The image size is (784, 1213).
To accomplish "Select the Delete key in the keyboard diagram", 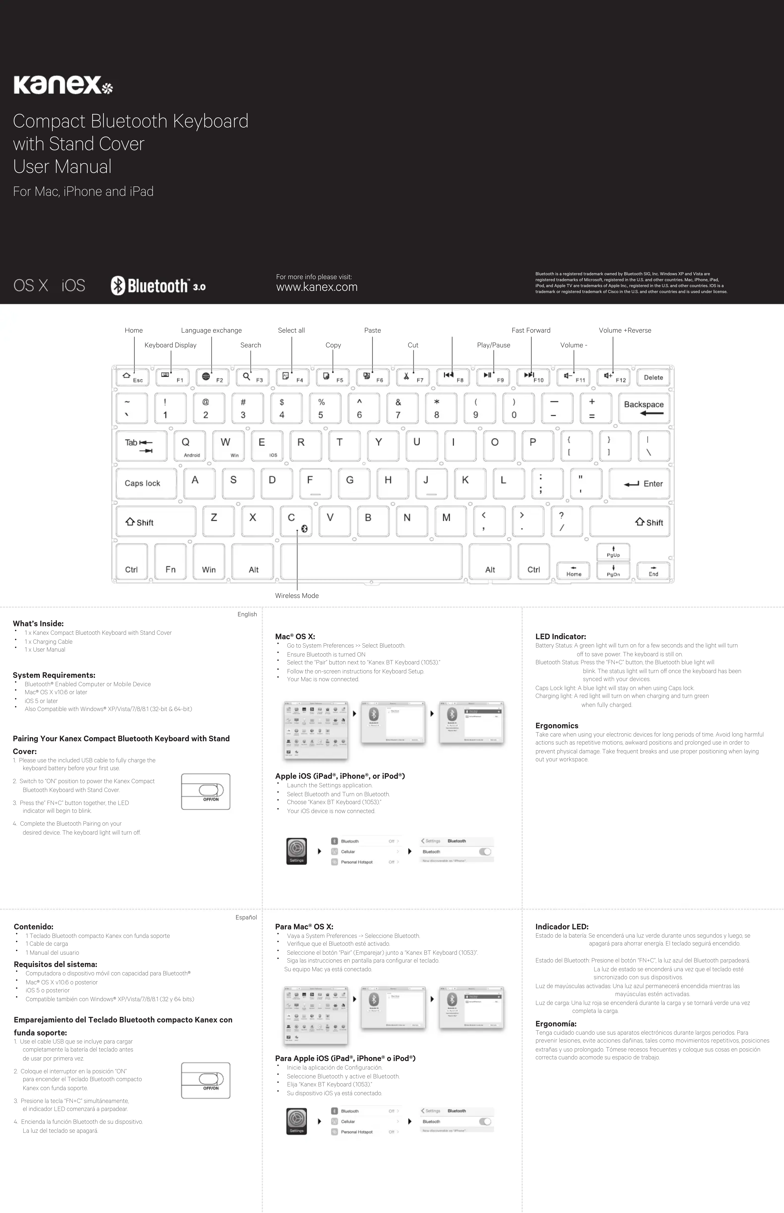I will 653,377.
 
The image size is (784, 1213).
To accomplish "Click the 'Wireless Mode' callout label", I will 297,595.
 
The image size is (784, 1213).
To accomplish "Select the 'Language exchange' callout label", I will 211,330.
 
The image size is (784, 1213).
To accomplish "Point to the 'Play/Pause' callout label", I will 493,345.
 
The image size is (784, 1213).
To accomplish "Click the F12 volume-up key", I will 614,377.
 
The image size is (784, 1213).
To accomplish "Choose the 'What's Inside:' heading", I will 38,623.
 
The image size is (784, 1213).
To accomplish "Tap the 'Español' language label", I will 246,917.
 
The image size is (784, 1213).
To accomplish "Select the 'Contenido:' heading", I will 34,926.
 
